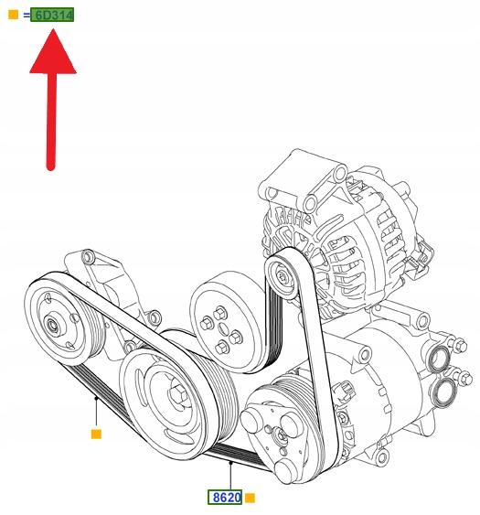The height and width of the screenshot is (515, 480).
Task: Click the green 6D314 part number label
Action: click(52, 15)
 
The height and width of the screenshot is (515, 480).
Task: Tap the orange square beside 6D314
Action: click(13, 15)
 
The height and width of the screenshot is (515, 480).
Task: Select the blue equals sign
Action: click(27, 16)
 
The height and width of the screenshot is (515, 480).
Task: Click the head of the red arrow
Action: click(53, 51)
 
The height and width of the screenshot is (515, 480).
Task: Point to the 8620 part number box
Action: click(225, 498)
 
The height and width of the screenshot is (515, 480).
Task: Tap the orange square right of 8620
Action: click(250, 498)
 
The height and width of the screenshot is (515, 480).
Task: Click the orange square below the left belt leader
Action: click(96, 435)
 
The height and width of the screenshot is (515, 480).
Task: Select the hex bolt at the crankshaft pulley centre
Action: click(176, 393)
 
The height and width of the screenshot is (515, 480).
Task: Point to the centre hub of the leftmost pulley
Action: click(51, 325)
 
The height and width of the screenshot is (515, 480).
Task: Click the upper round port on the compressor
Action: click(440, 359)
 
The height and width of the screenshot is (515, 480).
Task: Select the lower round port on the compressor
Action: click(444, 392)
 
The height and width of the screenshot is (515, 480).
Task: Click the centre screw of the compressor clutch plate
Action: click(282, 435)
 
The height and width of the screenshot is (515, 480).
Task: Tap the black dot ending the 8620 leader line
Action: click(230, 463)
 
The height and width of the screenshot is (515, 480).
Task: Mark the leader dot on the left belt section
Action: click(96, 399)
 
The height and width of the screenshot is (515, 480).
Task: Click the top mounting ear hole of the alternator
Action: click(340, 173)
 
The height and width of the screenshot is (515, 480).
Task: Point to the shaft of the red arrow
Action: click(51, 122)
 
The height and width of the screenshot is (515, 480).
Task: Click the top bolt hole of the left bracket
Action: click(88, 256)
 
